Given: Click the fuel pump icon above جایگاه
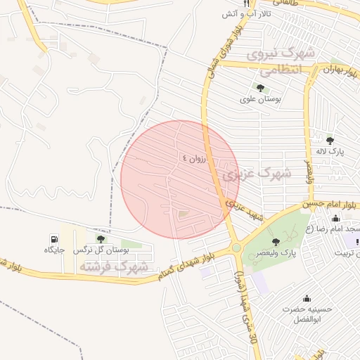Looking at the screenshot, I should (54, 239).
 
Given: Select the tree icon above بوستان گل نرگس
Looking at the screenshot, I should (101, 239).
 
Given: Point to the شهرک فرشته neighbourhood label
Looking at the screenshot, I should (113, 267).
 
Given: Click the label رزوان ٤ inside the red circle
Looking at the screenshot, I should (195, 159).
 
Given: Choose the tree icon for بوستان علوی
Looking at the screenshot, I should (260, 89).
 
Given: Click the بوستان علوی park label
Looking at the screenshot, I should (260, 99).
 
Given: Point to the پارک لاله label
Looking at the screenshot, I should (330, 152).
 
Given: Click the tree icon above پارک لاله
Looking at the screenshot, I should (330, 141).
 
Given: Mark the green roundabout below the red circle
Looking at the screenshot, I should (236, 248).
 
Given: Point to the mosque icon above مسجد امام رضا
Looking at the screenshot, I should (335, 218).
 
